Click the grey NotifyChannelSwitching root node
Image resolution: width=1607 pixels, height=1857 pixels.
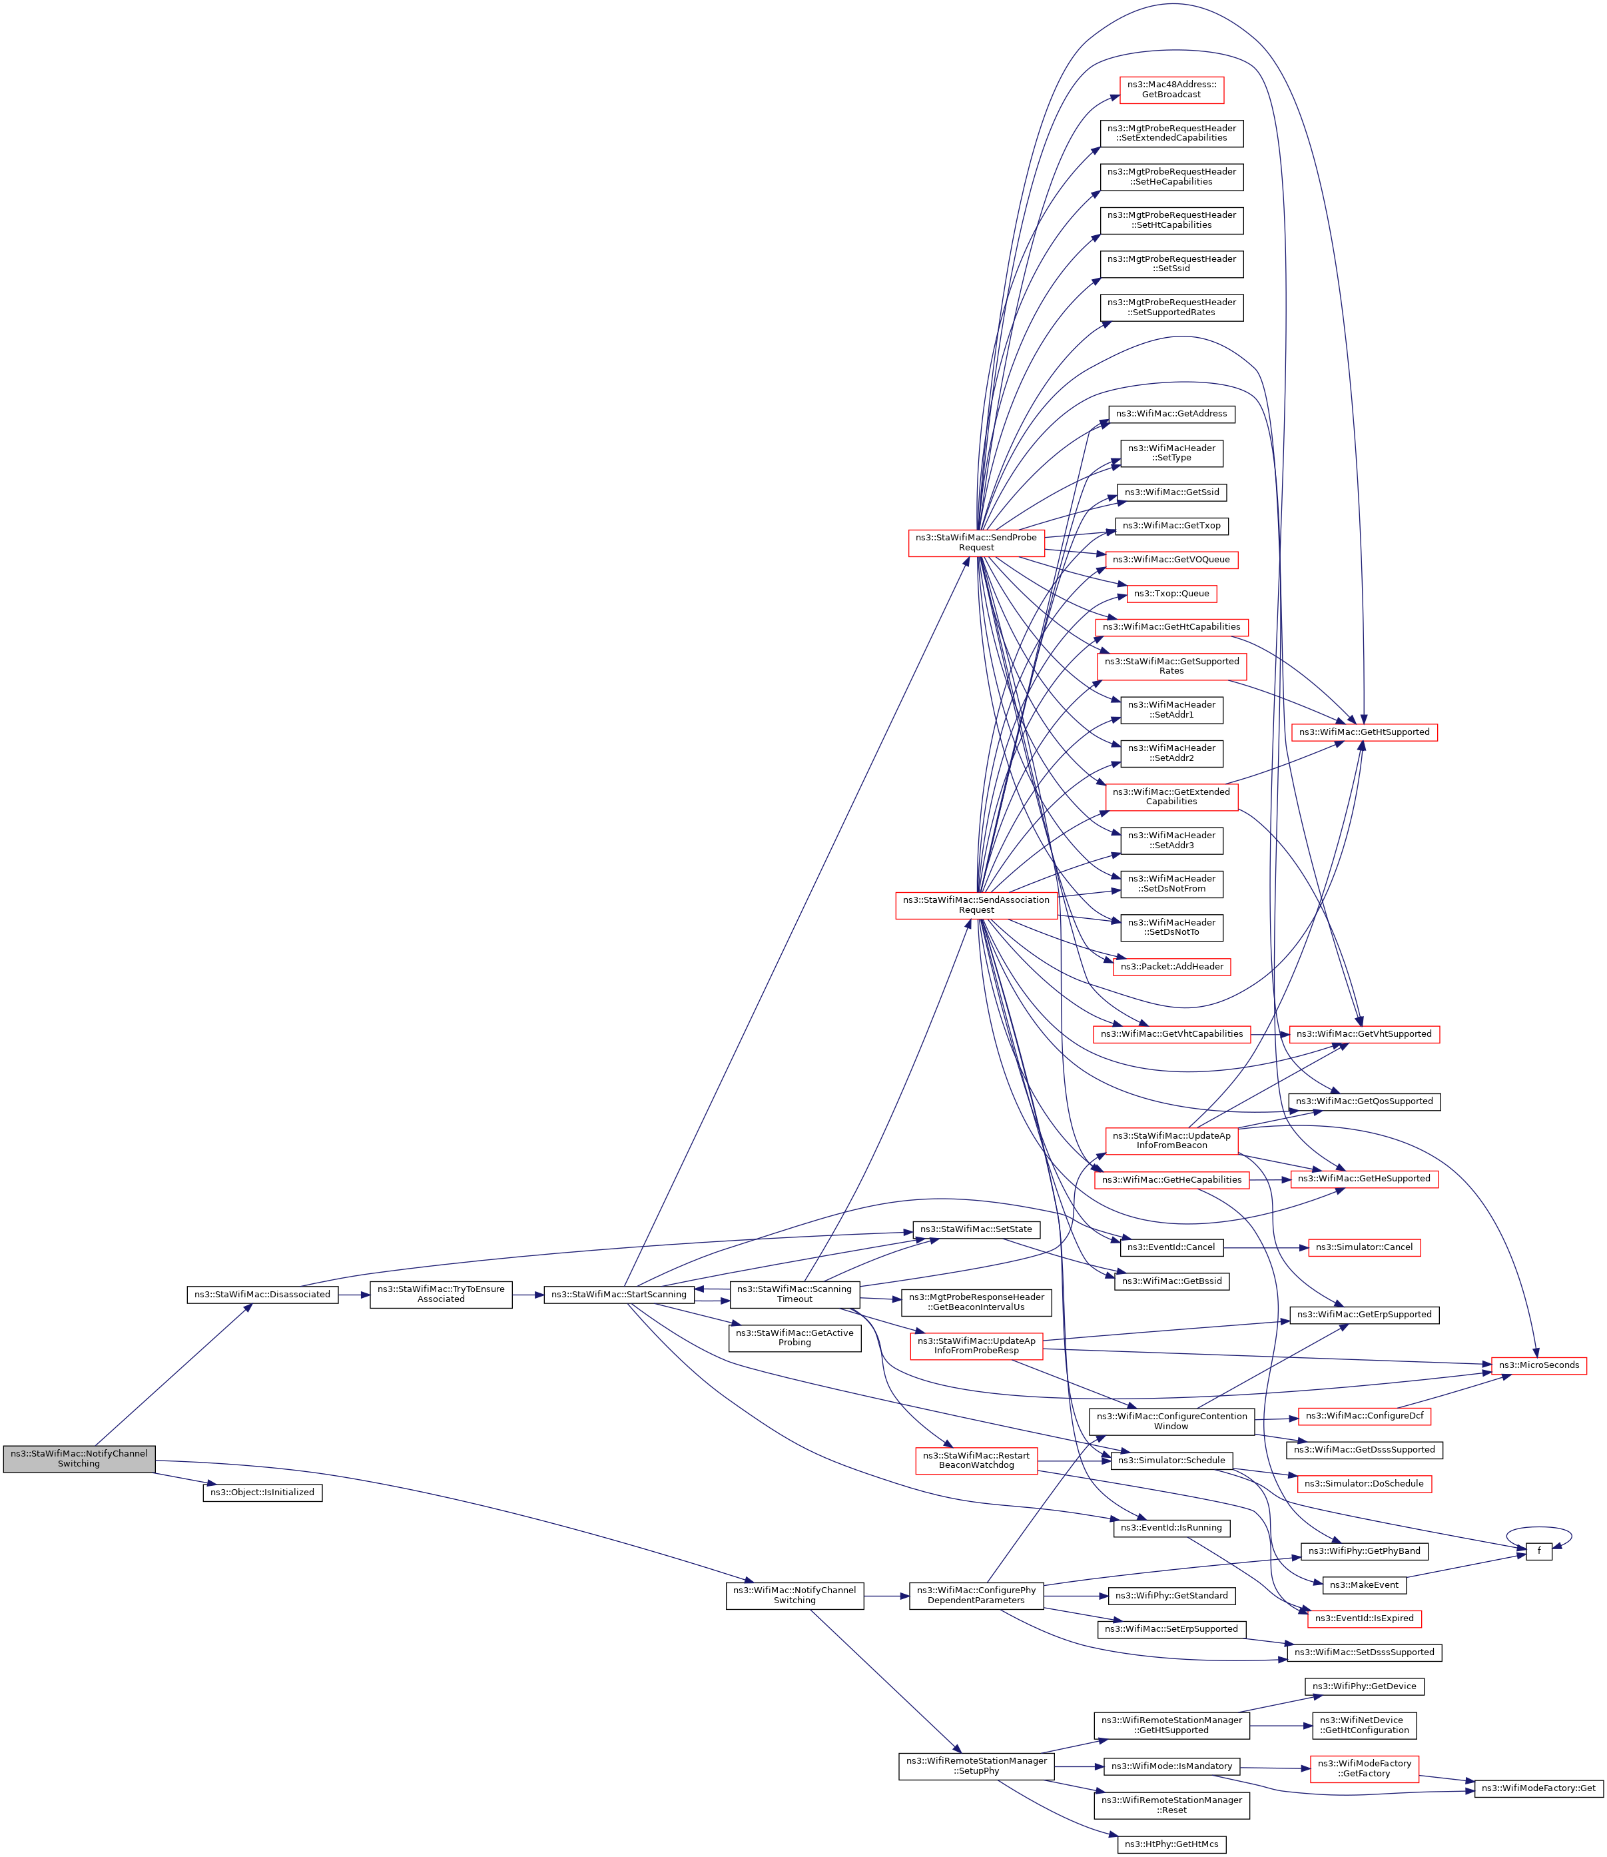click(x=79, y=1459)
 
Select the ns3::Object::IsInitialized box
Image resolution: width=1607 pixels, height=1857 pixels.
click(x=262, y=1493)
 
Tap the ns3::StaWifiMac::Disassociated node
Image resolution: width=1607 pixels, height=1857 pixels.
click(x=263, y=1295)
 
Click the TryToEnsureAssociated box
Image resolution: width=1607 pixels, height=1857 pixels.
click(x=441, y=1295)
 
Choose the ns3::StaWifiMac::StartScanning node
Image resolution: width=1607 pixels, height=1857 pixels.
click(x=619, y=1295)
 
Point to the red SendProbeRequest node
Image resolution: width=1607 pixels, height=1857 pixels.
click(x=976, y=543)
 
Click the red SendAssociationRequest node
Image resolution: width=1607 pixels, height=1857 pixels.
click(x=976, y=905)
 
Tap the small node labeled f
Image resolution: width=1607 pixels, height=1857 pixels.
click(x=1539, y=1551)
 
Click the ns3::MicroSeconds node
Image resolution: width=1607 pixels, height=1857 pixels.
click(x=1539, y=1365)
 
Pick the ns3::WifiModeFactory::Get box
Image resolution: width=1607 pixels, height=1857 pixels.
click(x=1539, y=1788)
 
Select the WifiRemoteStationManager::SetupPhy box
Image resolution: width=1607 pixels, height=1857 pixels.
click(x=976, y=1766)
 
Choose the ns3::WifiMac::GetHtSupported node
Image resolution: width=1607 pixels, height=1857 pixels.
click(x=1364, y=732)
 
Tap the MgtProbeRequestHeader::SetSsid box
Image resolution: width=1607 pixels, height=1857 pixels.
click(x=1172, y=264)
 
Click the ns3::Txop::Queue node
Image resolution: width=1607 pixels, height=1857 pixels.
click(x=1171, y=593)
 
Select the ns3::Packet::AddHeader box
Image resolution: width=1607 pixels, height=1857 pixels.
click(x=1171, y=967)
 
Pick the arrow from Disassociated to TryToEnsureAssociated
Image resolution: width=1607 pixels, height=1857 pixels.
click(x=354, y=1295)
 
